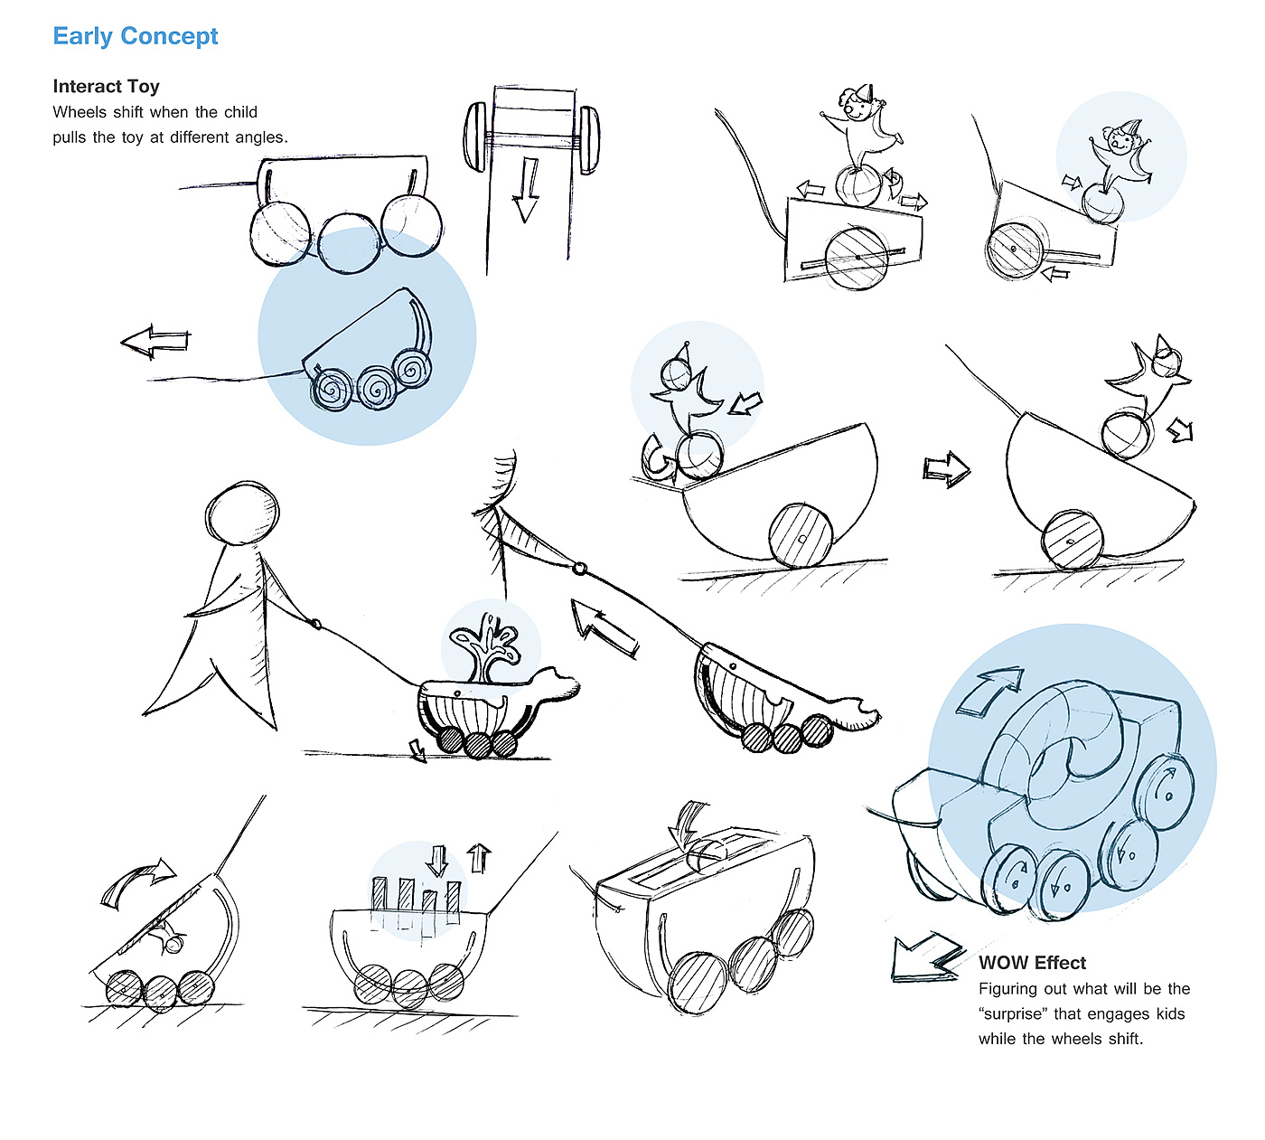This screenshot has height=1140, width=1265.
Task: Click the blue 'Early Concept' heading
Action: coord(136,36)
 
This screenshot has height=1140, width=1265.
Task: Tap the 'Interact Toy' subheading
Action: coord(106,86)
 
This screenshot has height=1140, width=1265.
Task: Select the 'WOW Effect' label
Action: coord(1032,963)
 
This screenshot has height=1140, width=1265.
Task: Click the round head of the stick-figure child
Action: coord(242,513)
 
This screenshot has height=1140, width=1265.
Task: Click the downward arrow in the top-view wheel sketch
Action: coord(526,189)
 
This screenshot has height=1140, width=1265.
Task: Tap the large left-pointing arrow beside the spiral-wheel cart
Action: coord(155,342)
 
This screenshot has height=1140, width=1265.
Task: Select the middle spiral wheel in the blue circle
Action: coord(377,388)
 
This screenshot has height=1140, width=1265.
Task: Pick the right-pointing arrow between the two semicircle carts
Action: coord(946,470)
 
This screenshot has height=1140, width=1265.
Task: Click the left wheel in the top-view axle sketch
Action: coord(474,137)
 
